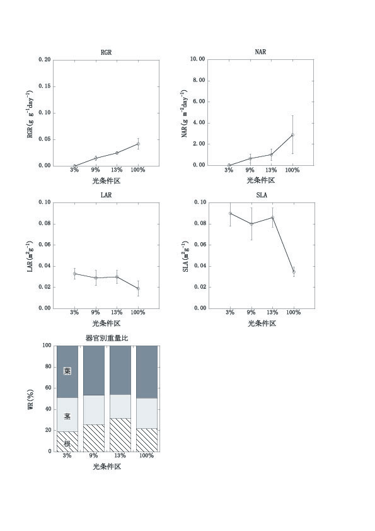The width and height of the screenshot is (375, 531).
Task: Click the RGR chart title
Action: tap(106, 52)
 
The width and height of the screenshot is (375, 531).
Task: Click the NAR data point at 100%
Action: tap(292, 135)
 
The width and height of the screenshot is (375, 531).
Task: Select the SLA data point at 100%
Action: tap(294, 272)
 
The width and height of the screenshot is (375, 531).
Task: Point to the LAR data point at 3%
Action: tap(74, 274)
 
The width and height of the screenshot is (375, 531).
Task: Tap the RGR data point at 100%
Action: tap(138, 144)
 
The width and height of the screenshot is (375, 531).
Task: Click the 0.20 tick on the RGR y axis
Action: tap(44, 60)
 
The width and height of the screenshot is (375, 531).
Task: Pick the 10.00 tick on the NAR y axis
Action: tap(198, 59)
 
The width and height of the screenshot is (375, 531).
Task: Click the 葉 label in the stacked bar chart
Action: tap(67, 371)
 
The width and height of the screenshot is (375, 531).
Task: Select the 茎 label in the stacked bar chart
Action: tap(67, 416)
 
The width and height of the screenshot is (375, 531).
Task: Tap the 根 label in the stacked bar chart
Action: tap(67, 443)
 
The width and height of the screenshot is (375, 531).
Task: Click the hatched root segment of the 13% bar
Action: tap(120, 435)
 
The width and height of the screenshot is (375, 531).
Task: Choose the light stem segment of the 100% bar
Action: tap(147, 413)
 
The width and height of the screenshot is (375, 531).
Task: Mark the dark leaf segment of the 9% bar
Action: tap(94, 370)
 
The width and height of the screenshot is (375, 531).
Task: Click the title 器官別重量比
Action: tap(107, 338)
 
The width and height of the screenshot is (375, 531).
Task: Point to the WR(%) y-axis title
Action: tap(30, 399)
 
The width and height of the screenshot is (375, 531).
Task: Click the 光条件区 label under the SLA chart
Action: tap(262, 324)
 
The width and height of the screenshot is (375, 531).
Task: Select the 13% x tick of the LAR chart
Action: tap(117, 312)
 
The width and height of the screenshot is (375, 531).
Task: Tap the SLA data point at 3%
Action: tap(230, 213)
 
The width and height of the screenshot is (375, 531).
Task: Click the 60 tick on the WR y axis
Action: tap(47, 388)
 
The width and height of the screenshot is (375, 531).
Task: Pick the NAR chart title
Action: tap(260, 52)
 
